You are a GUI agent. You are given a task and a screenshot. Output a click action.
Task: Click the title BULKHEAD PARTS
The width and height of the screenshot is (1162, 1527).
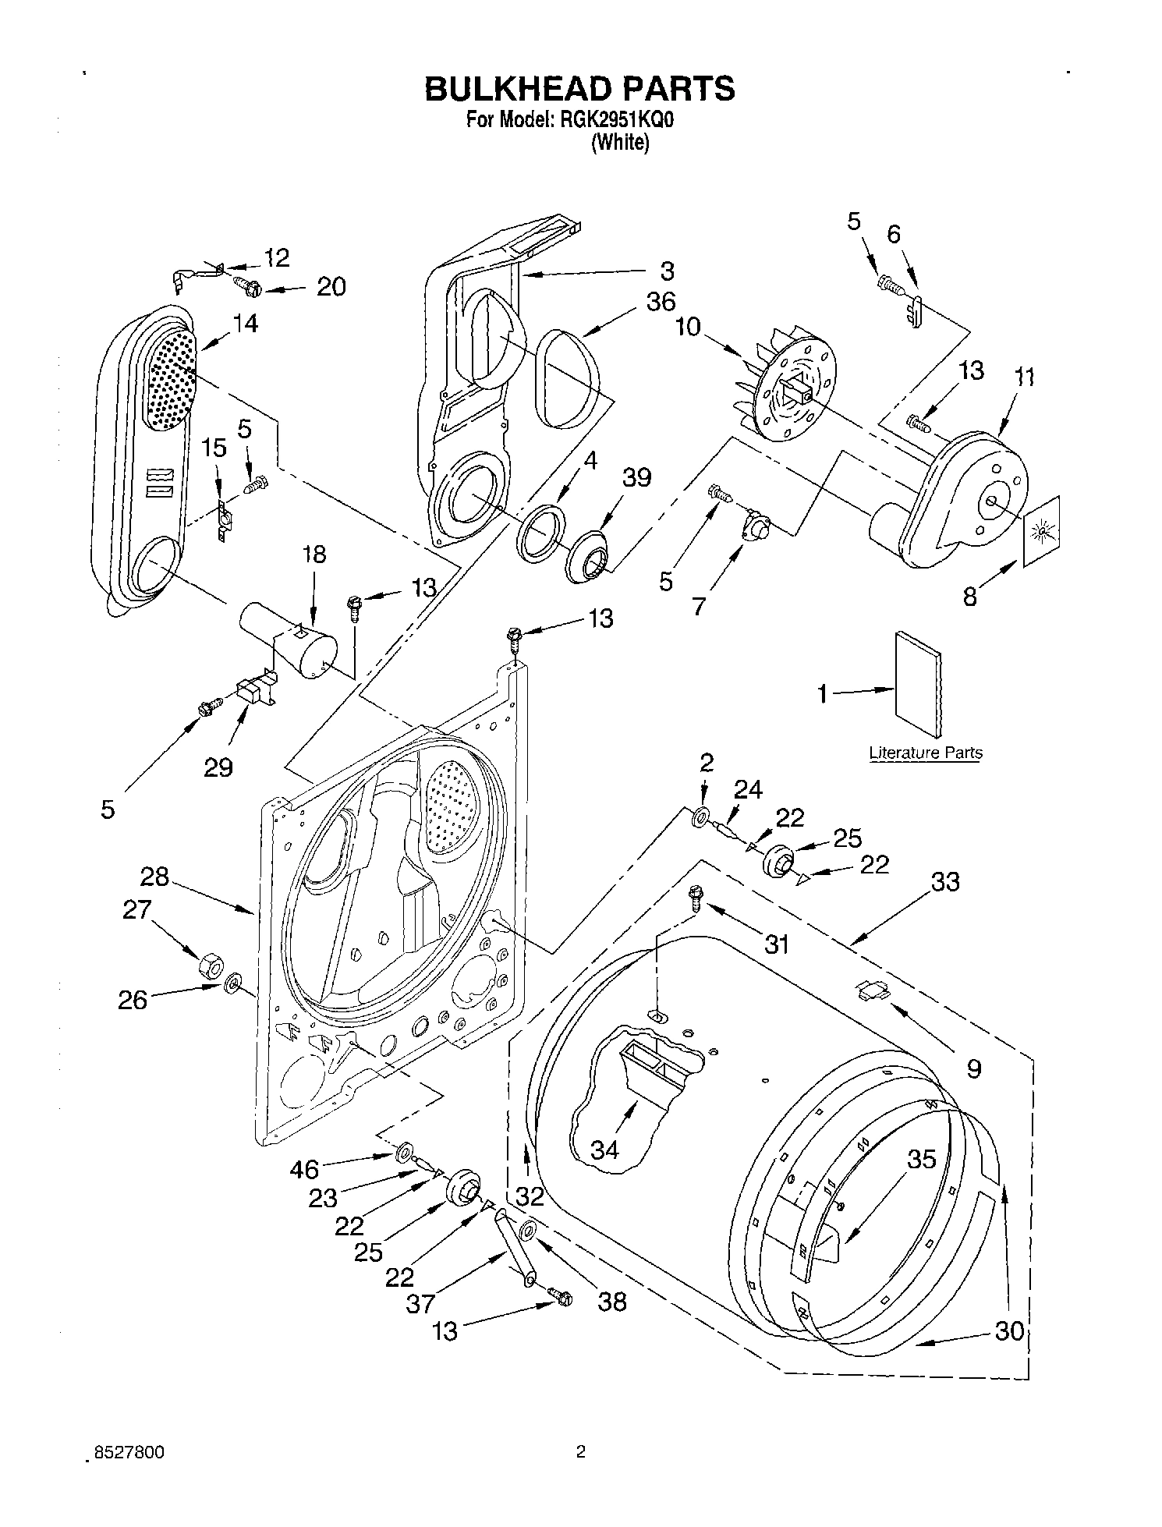tap(579, 89)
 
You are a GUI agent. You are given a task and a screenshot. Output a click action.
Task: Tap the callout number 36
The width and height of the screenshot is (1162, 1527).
tap(661, 302)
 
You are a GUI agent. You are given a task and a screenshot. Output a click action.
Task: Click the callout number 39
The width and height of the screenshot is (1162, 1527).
tap(636, 478)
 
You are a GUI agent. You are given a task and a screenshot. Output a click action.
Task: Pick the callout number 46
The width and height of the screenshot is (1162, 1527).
tap(304, 1169)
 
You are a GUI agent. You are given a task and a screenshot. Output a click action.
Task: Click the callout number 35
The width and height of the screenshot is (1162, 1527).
tap(921, 1159)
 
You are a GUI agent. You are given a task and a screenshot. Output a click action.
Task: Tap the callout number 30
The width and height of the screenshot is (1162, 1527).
tap(1009, 1330)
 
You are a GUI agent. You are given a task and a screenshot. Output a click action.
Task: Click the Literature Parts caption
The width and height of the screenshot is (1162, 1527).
tap(926, 753)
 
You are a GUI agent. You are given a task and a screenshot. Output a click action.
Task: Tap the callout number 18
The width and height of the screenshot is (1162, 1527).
tap(314, 554)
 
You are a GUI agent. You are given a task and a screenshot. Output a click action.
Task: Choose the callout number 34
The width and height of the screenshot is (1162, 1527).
tap(604, 1149)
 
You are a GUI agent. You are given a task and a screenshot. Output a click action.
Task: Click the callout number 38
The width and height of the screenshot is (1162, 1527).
tap(611, 1301)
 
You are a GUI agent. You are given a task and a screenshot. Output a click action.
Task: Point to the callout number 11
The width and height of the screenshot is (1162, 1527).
tap(1024, 377)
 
